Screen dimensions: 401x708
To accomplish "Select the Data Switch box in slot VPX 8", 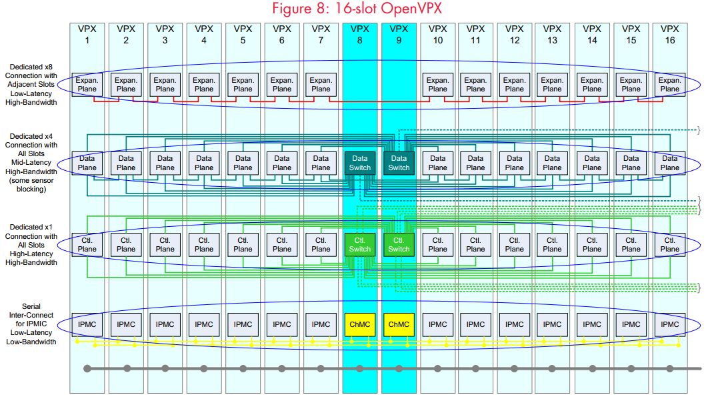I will pos(360,163).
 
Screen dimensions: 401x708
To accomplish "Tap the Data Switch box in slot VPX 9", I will pos(399,163).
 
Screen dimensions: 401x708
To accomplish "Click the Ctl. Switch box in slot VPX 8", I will pos(360,245).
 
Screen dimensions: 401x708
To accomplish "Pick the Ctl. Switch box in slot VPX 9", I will pos(399,245).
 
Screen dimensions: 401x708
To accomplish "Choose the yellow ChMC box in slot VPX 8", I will pos(360,325).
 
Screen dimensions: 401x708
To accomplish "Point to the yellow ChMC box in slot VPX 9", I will pos(399,325).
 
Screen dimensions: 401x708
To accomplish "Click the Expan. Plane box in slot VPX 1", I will pos(87,85).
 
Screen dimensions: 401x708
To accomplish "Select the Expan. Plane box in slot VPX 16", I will pos(669,85).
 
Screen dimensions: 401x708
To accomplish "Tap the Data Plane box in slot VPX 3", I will pos(165,163).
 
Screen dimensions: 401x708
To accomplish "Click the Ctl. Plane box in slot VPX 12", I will pos(515,245).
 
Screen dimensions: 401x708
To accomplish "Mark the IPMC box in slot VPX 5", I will pos(243,325).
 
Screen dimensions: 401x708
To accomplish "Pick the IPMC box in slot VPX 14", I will pos(592,325).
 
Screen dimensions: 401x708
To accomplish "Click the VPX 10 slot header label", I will pos(437,35).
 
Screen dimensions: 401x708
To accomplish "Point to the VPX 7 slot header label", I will pos(321,35).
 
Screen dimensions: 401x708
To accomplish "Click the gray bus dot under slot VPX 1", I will pos(87,368).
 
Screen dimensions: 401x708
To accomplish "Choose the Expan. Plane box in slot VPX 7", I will pos(321,85).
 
